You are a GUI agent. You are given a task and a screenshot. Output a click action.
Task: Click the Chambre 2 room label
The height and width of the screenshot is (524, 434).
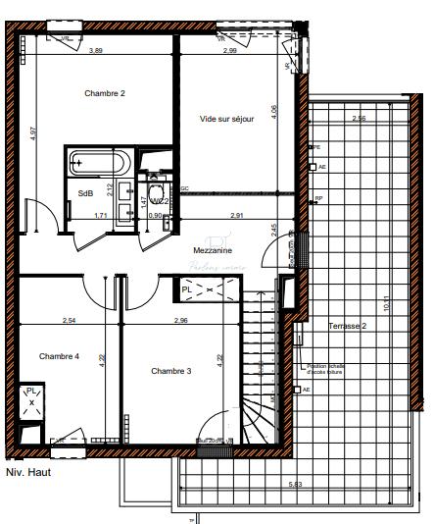105,93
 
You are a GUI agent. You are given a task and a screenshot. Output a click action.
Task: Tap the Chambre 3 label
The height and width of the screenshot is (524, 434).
171,371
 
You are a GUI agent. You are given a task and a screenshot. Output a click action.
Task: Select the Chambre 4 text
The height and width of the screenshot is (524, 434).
60,356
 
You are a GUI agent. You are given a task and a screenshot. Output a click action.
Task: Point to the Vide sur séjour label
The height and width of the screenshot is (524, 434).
226,119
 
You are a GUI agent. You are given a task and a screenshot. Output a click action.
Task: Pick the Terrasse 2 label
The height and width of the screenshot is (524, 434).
348,325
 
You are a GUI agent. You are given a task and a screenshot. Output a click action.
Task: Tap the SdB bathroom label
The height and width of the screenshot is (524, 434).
85,193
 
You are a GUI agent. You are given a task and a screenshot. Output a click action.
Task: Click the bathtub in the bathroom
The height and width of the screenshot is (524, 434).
98,163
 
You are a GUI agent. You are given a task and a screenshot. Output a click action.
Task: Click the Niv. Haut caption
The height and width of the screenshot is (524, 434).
27,472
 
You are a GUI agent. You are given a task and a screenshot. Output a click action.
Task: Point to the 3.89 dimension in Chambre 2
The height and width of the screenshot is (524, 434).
96,50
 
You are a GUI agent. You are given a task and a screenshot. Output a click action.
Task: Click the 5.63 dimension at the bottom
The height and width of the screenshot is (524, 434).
293,485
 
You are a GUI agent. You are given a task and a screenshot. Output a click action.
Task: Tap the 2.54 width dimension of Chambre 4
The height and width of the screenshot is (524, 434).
70,320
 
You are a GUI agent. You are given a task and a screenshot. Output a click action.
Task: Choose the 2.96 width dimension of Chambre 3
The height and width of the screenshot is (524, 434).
180,320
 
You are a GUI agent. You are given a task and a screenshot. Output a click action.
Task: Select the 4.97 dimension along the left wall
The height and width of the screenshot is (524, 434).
32,134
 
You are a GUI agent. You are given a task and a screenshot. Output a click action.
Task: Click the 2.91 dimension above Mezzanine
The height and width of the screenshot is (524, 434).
236,214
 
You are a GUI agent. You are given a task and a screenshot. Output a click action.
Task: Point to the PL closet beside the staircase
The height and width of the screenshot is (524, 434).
206,288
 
